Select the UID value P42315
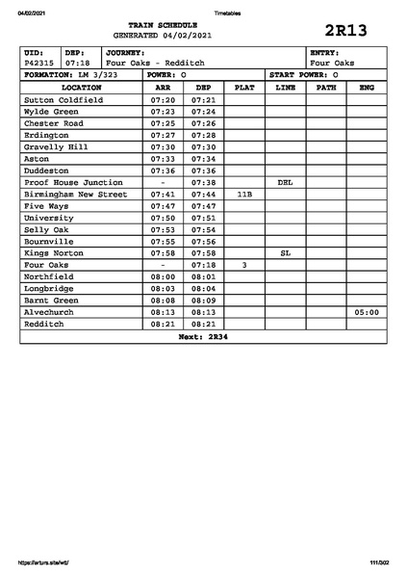click(x=39, y=63)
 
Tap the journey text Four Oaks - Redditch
click(x=154, y=63)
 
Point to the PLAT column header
click(x=244, y=87)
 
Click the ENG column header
click(x=366, y=87)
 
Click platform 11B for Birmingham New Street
click(x=244, y=194)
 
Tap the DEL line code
click(x=285, y=182)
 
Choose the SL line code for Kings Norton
click(x=285, y=252)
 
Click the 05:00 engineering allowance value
click(x=366, y=312)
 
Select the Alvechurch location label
click(x=52, y=312)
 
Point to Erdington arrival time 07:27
click(x=163, y=135)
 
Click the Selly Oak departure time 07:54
click(x=203, y=229)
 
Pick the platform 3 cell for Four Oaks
click(x=244, y=264)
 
